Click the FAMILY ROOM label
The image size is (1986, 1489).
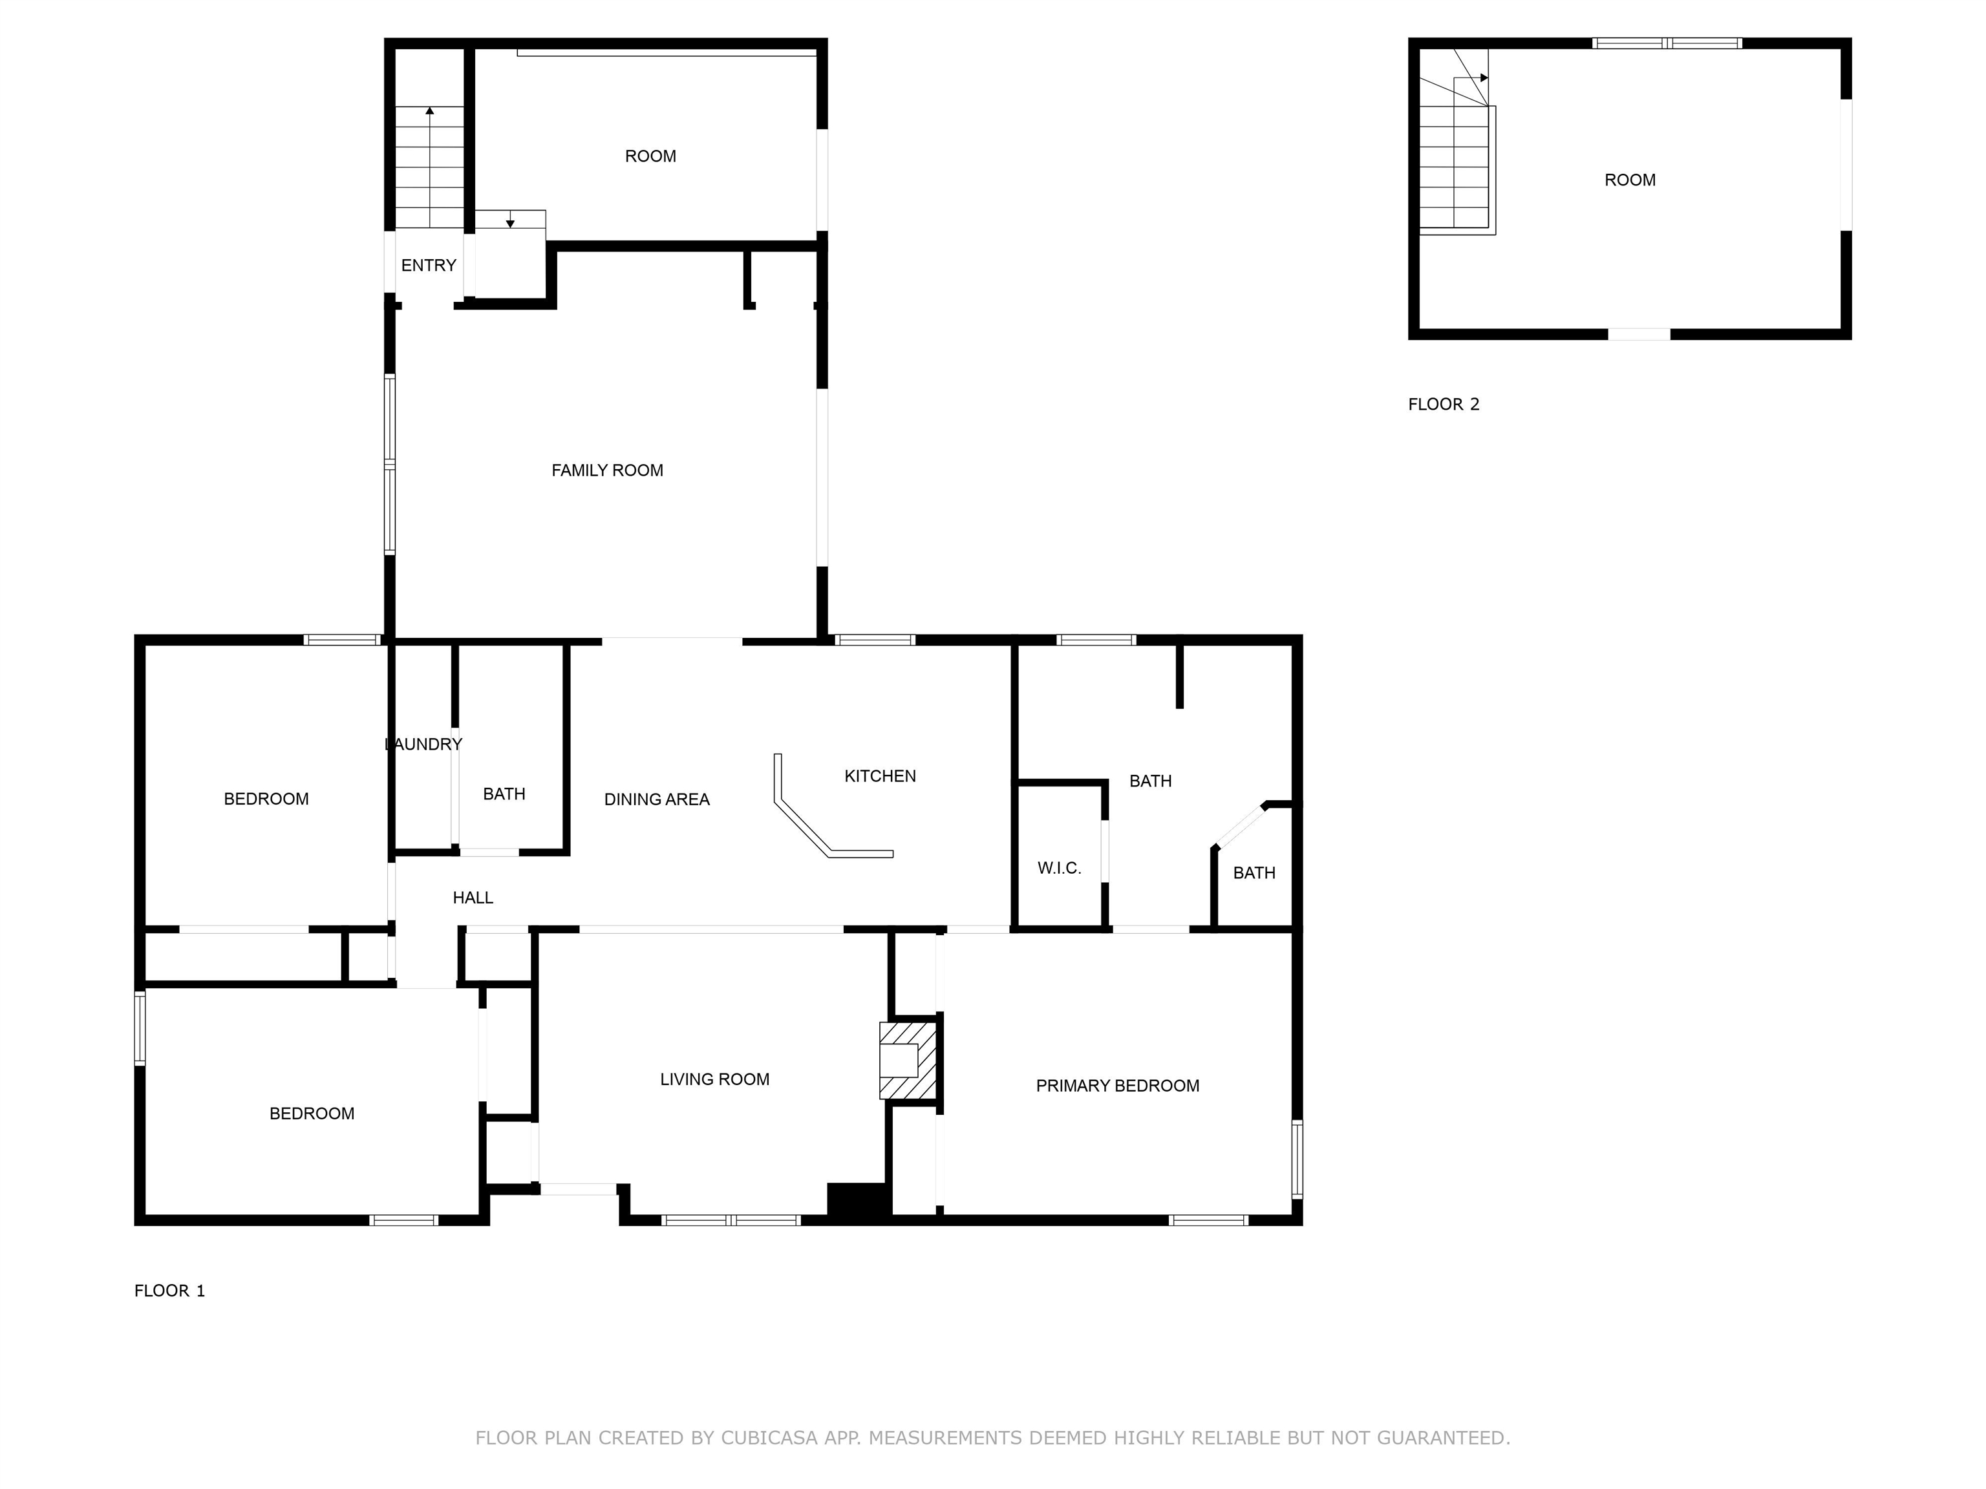pyautogui.click(x=607, y=470)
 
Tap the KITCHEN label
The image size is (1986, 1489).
pyautogui.click(x=880, y=776)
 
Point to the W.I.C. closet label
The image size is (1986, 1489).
pyautogui.click(x=1060, y=868)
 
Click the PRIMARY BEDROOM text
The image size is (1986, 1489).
pyautogui.click(x=1117, y=1086)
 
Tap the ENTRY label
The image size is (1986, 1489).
pyautogui.click(x=428, y=266)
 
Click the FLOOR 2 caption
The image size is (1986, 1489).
pyautogui.click(x=1443, y=405)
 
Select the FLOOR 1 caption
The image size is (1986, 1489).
pyautogui.click(x=169, y=1291)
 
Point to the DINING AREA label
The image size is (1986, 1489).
pyautogui.click(x=656, y=799)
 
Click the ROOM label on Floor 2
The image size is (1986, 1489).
pyautogui.click(x=1630, y=180)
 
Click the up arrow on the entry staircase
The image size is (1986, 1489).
pyautogui.click(x=430, y=111)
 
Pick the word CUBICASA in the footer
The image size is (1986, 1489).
pyautogui.click(x=769, y=1438)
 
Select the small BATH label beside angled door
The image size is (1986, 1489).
pyautogui.click(x=1254, y=873)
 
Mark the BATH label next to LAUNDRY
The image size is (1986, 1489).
pyautogui.click(x=504, y=794)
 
